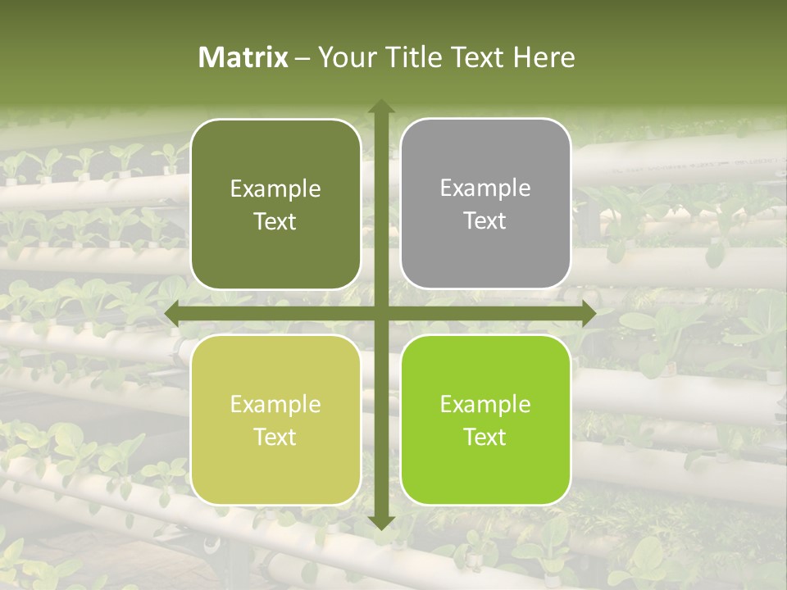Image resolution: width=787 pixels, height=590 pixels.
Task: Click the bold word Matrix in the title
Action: [x=243, y=57]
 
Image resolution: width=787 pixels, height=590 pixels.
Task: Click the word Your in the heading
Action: [x=345, y=57]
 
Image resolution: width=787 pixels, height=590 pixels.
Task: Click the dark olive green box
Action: [x=275, y=205]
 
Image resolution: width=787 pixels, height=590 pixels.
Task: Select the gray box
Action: [x=485, y=204]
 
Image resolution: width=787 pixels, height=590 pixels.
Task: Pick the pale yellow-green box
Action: [x=275, y=420]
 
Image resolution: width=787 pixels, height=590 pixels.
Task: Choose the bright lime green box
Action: [x=485, y=420]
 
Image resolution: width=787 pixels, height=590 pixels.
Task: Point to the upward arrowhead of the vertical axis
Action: [x=380, y=107]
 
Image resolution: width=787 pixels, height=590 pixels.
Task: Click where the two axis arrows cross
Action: [x=380, y=313]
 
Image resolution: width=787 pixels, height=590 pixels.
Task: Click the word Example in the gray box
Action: [x=485, y=188]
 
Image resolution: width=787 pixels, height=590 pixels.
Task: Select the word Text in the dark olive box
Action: [x=275, y=221]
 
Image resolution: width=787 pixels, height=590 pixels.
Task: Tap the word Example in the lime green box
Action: [x=485, y=404]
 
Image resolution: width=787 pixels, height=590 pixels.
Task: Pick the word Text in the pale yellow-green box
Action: [x=275, y=437]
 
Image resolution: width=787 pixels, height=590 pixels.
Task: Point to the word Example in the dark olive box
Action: [x=275, y=188]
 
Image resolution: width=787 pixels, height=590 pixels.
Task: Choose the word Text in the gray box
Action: [x=485, y=220]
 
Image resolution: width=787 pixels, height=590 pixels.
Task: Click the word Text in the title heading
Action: [x=475, y=57]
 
